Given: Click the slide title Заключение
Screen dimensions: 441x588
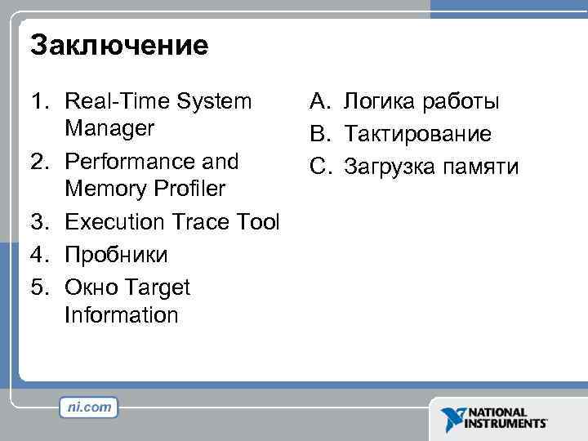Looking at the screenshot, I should pyautogui.click(x=119, y=45).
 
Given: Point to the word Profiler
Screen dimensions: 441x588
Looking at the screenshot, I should pyautogui.click(x=185, y=189).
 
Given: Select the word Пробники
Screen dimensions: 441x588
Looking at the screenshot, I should pyautogui.click(x=116, y=255).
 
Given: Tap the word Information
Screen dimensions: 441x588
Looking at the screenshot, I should pyautogui.click(x=121, y=315).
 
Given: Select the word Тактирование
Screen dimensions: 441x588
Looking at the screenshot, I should pyautogui.click(x=417, y=134).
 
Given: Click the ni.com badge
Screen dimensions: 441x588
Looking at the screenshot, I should pyautogui.click(x=89, y=408).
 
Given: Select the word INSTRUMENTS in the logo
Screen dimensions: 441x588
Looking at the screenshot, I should pyautogui.click(x=506, y=424).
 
